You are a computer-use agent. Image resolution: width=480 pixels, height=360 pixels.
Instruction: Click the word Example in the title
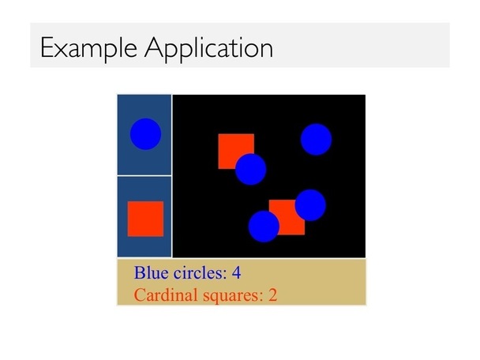pyautogui.click(x=88, y=48)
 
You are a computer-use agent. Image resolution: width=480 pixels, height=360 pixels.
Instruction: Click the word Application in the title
pyautogui.click(x=208, y=48)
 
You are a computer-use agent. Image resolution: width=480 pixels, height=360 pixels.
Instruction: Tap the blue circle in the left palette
pyautogui.click(x=146, y=134)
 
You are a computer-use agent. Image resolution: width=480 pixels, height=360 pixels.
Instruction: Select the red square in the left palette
pyautogui.click(x=145, y=219)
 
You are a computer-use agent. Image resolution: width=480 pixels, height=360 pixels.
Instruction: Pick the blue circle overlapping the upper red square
pyautogui.click(x=251, y=169)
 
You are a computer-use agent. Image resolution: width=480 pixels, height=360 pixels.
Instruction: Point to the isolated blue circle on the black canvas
pyautogui.click(x=317, y=139)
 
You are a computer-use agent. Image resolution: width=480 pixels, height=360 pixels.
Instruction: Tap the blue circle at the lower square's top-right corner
pyautogui.click(x=310, y=205)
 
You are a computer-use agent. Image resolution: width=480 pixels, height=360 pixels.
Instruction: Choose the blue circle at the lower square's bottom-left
pyautogui.click(x=264, y=227)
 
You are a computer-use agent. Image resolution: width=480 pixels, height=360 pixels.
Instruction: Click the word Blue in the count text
pyautogui.click(x=152, y=272)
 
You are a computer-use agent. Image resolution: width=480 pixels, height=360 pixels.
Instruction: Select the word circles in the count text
pyautogui.click(x=201, y=272)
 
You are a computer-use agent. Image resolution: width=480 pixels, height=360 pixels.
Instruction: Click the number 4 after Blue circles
pyautogui.click(x=236, y=272)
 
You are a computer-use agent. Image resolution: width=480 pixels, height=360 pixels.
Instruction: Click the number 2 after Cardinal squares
pyautogui.click(x=272, y=295)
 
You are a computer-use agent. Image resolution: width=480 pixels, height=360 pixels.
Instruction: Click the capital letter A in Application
pyautogui.click(x=156, y=47)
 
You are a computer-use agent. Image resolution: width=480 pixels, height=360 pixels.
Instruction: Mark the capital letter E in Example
pyautogui.click(x=47, y=47)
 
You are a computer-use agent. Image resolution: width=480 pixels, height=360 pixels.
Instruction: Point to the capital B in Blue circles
pyautogui.click(x=139, y=272)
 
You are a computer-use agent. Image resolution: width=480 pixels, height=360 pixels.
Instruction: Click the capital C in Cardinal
pyautogui.click(x=139, y=295)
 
